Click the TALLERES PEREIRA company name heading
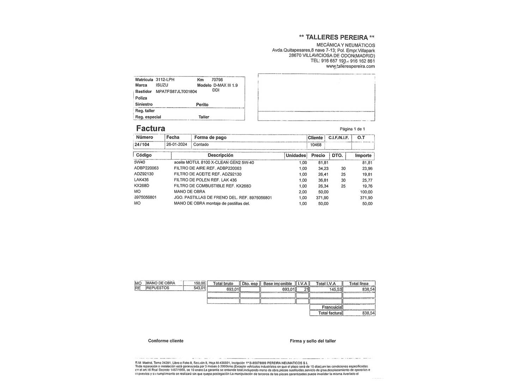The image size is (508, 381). click(337, 37)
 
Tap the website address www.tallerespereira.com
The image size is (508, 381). click(350, 66)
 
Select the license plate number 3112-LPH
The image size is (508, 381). click(165, 80)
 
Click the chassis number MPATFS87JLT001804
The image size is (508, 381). click(176, 91)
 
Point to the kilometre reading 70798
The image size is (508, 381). click(217, 80)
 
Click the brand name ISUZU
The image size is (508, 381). click(162, 85)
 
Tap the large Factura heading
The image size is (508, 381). click(151, 128)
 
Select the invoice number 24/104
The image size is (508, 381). click(142, 145)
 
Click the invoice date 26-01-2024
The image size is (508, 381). click(177, 145)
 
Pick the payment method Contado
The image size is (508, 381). click(201, 145)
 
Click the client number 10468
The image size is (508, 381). click(316, 145)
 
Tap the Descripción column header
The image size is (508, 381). click(220, 155)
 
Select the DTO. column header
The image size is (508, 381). click(337, 155)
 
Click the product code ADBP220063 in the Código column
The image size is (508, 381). click(146, 168)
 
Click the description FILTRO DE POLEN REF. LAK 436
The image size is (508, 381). click(205, 180)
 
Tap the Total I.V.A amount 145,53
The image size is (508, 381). click(335, 289)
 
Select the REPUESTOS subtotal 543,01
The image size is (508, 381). click(199, 288)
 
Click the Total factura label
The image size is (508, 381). click(330, 313)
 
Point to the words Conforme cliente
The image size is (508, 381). click(166, 341)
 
